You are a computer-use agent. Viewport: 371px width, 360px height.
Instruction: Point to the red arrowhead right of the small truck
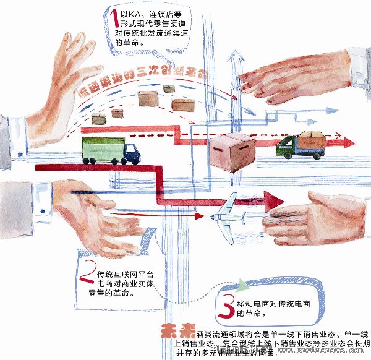pos(350,142)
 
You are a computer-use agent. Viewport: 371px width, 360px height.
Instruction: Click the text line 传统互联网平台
pos(125,273)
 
